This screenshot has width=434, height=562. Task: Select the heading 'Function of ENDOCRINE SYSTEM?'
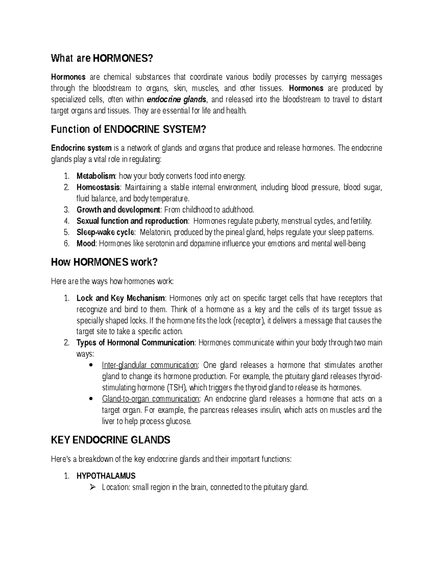128,129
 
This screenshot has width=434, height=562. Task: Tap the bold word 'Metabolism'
95,176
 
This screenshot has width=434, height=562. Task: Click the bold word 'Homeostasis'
98,187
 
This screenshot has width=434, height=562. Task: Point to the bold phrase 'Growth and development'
118,210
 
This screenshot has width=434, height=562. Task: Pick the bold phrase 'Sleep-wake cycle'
105,232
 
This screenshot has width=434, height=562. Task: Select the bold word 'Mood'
86,244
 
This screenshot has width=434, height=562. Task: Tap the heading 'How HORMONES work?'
105,262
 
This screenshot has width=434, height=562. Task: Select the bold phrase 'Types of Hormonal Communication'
136,343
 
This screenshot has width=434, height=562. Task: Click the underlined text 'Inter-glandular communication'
150,365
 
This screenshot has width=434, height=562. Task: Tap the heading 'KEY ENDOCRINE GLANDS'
111,440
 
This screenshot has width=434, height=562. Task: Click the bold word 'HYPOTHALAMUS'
106,476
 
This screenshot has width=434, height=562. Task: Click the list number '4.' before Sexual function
66,221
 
